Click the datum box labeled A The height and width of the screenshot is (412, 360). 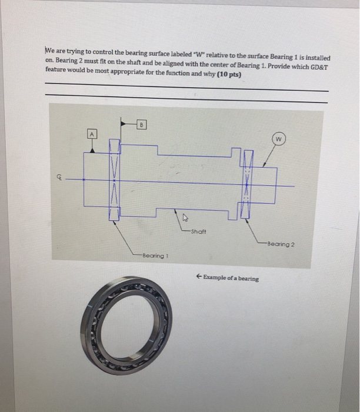pos(91,133)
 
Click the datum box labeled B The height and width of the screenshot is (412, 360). pos(141,124)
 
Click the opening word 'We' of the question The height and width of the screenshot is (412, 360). pos(50,49)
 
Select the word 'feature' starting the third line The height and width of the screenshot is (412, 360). pos(57,75)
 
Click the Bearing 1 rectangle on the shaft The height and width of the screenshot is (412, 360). pos(115,182)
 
